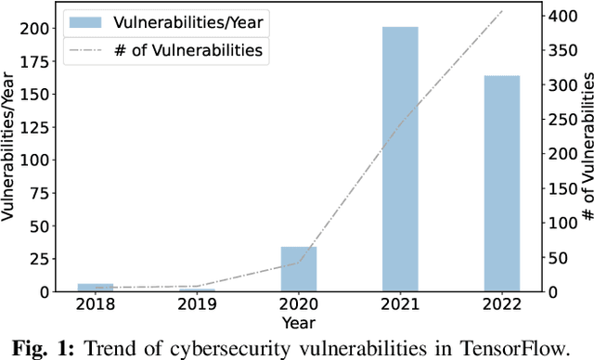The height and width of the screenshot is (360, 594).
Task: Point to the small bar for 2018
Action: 96,288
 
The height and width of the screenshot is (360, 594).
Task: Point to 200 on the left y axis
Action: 30,28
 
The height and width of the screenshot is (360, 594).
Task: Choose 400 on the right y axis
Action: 562,17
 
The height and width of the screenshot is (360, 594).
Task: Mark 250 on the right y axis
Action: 562,120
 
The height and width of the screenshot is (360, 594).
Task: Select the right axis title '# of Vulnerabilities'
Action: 587,148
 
